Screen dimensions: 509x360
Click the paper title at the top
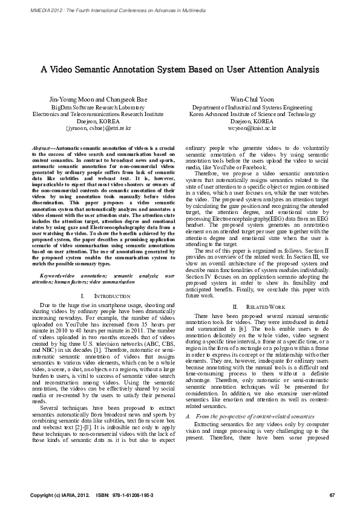pos(180,69)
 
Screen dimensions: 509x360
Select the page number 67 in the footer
pos(332,496)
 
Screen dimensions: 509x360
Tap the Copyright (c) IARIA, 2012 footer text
pos(56,496)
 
